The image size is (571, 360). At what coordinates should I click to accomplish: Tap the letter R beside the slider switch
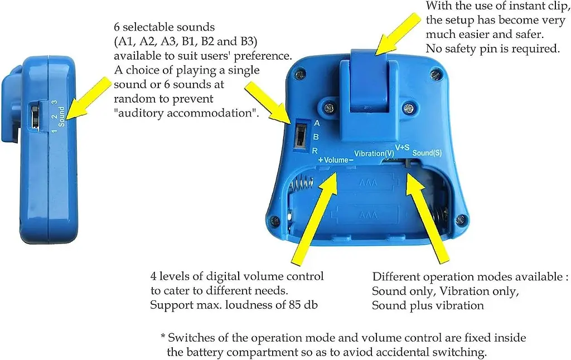315,150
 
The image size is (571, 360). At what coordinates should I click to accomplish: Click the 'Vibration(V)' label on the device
374,154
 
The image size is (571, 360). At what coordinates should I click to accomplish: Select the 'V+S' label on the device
403,148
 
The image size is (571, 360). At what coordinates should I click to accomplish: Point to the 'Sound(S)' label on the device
427,153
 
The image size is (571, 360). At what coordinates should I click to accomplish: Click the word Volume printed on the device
336,160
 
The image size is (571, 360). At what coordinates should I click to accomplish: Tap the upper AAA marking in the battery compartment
368,182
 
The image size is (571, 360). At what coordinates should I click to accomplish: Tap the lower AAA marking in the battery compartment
368,216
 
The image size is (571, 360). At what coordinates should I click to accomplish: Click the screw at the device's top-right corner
435,75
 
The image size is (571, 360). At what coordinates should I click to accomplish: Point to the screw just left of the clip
329,108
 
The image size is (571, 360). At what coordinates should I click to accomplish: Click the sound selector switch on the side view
35,116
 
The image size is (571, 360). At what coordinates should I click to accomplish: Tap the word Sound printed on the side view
61,116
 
